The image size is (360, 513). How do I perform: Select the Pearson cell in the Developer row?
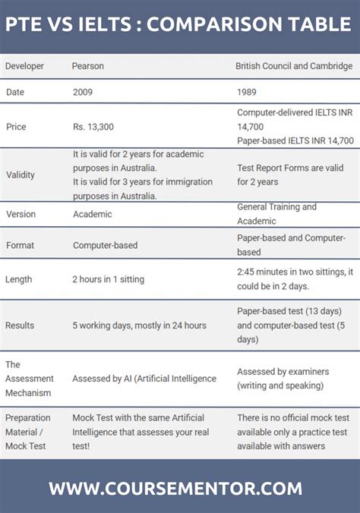(88, 66)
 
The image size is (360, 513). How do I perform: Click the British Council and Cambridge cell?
(294, 66)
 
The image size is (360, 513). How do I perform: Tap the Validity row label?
(21, 175)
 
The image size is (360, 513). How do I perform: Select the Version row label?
(21, 214)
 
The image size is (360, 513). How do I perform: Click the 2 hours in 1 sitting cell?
(108, 279)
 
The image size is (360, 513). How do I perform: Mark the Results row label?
(20, 326)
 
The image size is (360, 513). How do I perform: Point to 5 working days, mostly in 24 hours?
(139, 326)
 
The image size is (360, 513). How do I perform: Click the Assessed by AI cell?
(144, 378)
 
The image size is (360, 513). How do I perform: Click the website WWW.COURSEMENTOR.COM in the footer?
(175, 488)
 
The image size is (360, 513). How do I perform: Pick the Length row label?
(19, 279)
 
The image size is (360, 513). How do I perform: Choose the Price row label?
(16, 126)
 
